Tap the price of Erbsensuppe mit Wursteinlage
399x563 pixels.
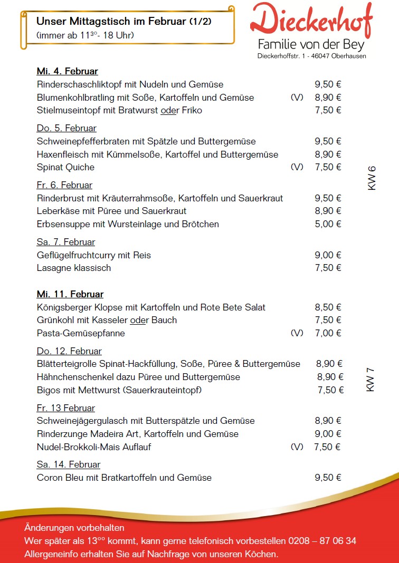pyautogui.click(x=328, y=224)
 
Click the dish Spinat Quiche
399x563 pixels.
pyautogui.click(x=65, y=167)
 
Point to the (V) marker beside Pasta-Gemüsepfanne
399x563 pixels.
pyautogui.click(x=297, y=333)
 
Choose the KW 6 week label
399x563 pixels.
pyautogui.click(x=372, y=178)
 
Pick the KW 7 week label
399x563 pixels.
pyautogui.click(x=370, y=380)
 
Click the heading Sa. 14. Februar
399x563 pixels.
pyautogui.click(x=68, y=464)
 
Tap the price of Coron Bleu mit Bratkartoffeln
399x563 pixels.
pyautogui.click(x=328, y=478)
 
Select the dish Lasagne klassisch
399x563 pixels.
pyautogui.click(x=74, y=268)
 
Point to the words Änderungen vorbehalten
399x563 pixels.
pyautogui.click(x=74, y=528)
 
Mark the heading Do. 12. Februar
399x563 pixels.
pyautogui.click(x=69, y=351)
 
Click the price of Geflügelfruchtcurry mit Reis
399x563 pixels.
pyautogui.click(x=328, y=255)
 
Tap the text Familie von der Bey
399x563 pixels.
pyautogui.click(x=311, y=44)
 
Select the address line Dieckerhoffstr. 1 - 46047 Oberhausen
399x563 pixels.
pyautogui.click(x=311, y=56)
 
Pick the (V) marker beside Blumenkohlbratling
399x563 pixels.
pyautogui.click(x=297, y=98)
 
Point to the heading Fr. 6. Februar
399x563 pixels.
pyautogui.click(x=64, y=185)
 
